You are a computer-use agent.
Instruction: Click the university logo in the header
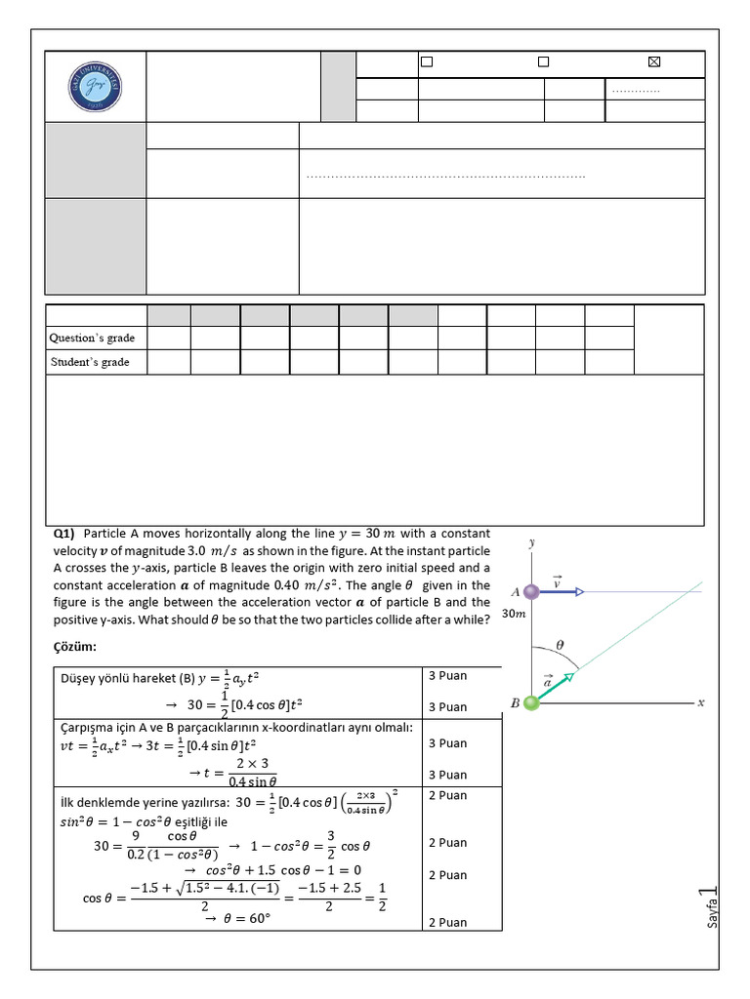click(95, 89)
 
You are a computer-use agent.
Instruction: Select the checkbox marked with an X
click(654, 62)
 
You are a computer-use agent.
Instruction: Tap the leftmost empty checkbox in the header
click(426, 62)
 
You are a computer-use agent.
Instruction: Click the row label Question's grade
click(93, 338)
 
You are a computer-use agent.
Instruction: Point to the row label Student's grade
click(91, 362)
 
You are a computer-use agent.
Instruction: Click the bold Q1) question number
click(64, 534)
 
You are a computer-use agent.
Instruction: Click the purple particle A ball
click(531, 591)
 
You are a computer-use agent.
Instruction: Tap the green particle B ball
click(531, 702)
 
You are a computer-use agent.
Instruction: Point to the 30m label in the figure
click(514, 614)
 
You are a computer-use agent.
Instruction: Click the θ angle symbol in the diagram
click(560, 645)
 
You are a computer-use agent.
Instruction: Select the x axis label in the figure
click(700, 702)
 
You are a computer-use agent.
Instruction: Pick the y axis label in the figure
click(531, 541)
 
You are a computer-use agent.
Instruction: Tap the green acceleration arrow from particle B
click(556, 686)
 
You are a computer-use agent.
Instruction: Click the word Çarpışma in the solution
click(89, 728)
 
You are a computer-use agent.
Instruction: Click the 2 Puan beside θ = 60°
click(447, 922)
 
